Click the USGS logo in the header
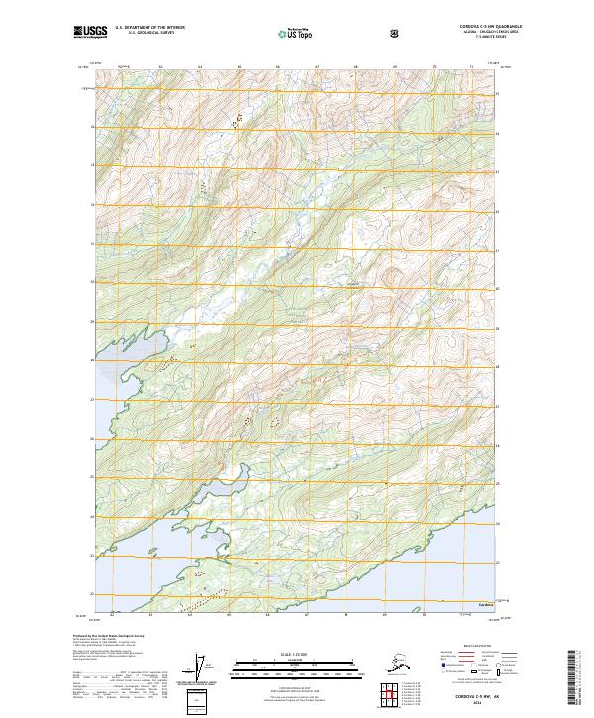pyautogui.click(x=90, y=33)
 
